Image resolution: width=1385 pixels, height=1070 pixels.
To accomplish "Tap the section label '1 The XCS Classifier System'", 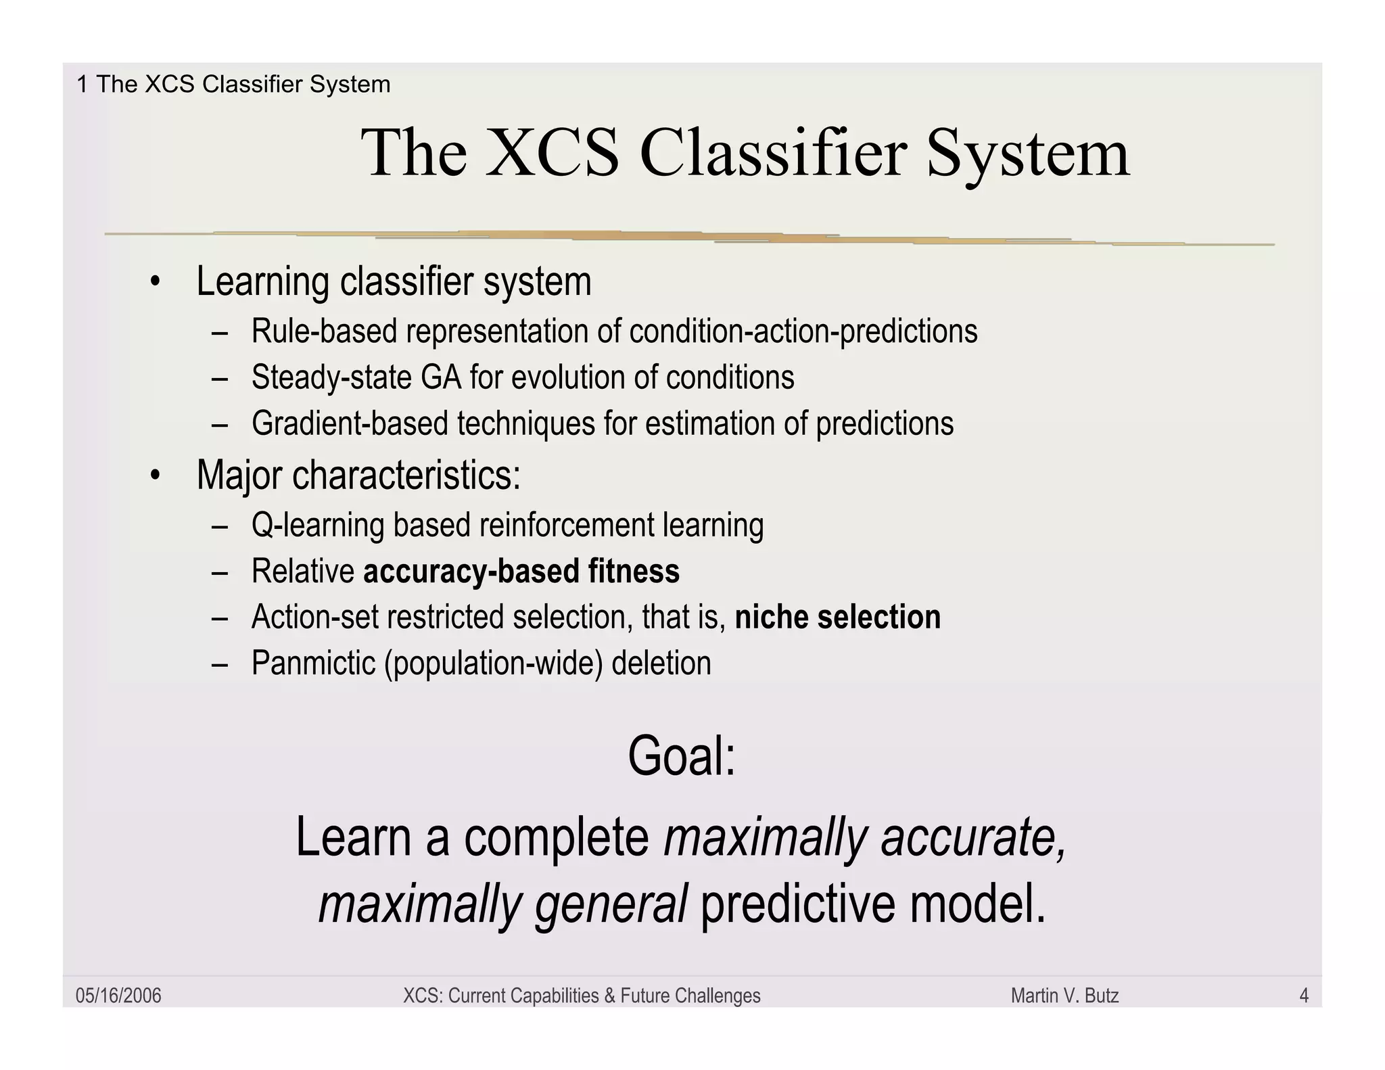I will point(233,85).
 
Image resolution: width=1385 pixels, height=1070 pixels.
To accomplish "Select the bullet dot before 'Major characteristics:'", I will point(156,475).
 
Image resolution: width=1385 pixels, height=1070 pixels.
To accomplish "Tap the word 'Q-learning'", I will point(317,526).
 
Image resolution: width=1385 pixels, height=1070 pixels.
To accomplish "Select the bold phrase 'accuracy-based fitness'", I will point(521,572).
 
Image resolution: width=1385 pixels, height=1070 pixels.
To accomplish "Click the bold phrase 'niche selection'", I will point(837,618).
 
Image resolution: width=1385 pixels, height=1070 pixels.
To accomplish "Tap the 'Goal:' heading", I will point(681,756).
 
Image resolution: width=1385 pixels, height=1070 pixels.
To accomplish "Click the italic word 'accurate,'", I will point(973,837).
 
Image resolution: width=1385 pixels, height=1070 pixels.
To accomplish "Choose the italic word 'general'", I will point(611,905).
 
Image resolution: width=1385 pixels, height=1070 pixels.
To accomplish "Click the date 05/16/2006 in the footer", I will point(118,996).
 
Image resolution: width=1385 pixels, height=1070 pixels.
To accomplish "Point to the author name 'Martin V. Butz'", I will point(1064,996).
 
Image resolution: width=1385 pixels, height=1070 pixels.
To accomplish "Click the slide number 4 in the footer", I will point(1304,996).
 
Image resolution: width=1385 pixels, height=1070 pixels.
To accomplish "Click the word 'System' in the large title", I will point(1028,154).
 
